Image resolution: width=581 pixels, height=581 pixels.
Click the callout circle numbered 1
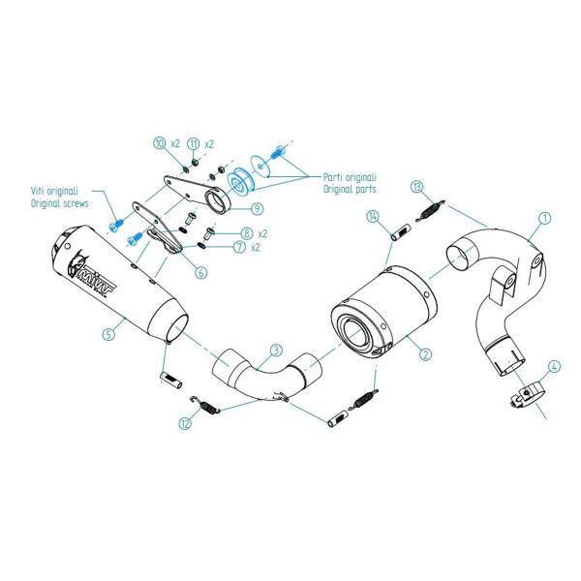[544, 219]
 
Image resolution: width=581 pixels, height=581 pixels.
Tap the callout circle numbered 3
[276, 350]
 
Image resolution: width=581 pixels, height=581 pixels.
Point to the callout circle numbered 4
[553, 367]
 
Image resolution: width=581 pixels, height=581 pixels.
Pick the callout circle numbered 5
[109, 335]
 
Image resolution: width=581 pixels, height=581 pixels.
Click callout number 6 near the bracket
[200, 272]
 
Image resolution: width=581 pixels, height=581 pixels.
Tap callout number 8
[247, 233]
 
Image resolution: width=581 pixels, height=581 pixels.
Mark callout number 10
[159, 143]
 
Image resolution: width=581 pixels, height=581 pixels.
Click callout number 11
[193, 143]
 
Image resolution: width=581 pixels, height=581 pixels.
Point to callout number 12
[185, 422]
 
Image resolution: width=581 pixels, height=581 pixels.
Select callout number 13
[416, 185]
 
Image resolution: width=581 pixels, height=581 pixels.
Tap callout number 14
[372, 218]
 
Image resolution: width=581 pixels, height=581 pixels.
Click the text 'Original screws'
[61, 205]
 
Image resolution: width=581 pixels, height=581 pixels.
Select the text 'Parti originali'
[350, 178]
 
